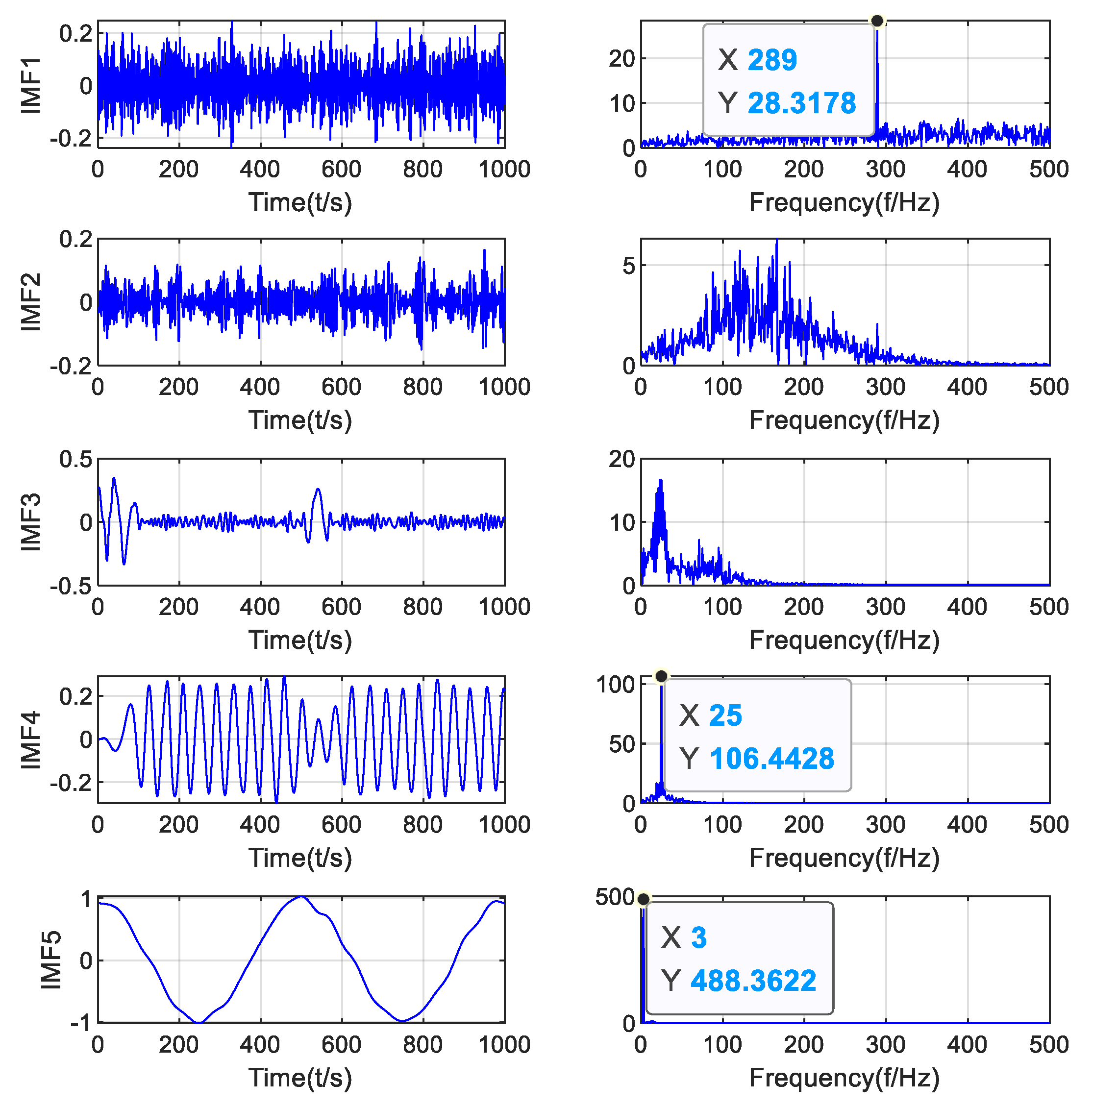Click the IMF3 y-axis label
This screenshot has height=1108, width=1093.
pyautogui.click(x=31, y=522)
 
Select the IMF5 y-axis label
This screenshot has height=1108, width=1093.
pyautogui.click(x=51, y=960)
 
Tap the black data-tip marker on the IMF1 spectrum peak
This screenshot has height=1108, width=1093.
pyautogui.click(x=877, y=21)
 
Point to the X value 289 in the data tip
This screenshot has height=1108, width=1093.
pyautogui.click(x=772, y=60)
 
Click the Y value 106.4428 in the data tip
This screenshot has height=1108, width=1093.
pyautogui.click(x=771, y=759)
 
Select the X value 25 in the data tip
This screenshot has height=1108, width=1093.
pyautogui.click(x=725, y=716)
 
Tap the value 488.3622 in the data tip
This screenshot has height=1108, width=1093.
pyautogui.click(x=753, y=981)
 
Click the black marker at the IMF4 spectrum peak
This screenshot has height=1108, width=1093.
pyautogui.click(x=661, y=677)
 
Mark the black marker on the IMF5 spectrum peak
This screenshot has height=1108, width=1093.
pyautogui.click(x=644, y=899)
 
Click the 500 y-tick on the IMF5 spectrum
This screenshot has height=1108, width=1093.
pyautogui.click(x=615, y=897)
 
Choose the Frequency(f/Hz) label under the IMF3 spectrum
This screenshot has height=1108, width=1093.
pyautogui.click(x=844, y=640)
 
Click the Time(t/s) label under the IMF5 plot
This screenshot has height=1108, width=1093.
pyautogui.click(x=300, y=1078)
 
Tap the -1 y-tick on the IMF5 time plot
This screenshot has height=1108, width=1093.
pyautogui.click(x=81, y=1023)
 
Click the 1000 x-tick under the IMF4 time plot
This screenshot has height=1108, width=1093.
pyautogui.click(x=504, y=825)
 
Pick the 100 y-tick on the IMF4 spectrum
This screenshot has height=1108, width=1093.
pyautogui.click(x=615, y=684)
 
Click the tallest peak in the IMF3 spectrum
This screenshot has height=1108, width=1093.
pyautogui.click(x=661, y=481)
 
